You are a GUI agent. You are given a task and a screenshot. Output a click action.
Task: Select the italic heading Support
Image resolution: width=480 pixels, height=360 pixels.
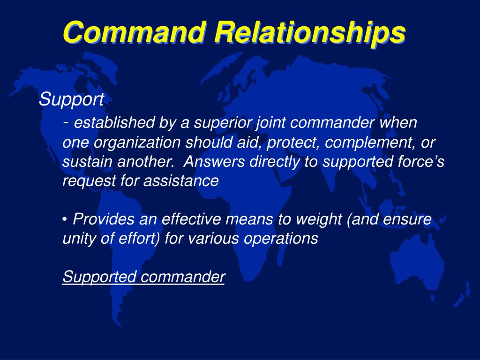(71, 99)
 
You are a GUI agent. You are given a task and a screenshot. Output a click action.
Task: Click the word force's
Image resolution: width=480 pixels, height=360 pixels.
(423, 162)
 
